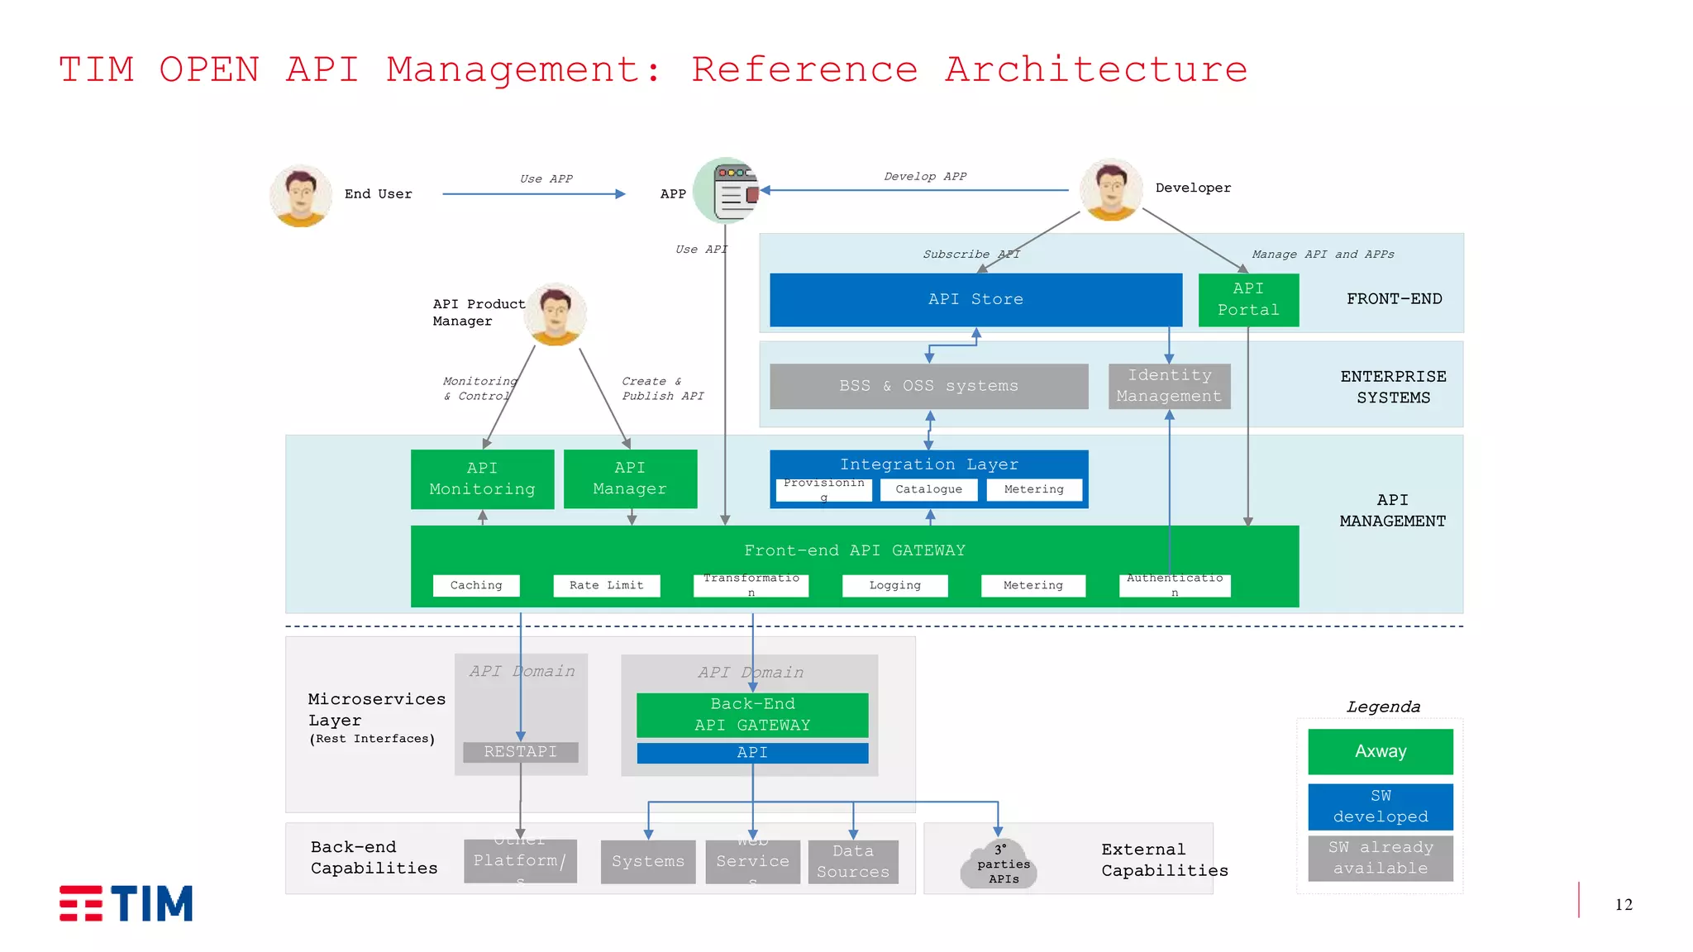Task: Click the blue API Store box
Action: click(x=975, y=299)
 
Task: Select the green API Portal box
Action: click(x=1248, y=299)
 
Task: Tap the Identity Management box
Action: click(x=1169, y=386)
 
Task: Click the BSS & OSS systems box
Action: click(x=928, y=386)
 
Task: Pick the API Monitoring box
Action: click(x=482, y=478)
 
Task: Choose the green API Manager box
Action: click(x=630, y=478)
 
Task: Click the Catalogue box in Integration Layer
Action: click(x=928, y=489)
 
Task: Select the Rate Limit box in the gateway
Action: click(x=606, y=585)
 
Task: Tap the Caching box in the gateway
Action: click(x=476, y=585)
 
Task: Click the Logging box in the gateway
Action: click(x=894, y=585)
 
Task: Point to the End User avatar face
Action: click(x=301, y=195)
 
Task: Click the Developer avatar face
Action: click(x=1111, y=188)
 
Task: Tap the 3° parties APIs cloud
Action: click(x=999, y=864)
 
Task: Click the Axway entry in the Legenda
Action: click(x=1380, y=751)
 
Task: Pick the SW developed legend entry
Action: click(x=1380, y=806)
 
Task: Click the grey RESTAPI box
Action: click(x=520, y=751)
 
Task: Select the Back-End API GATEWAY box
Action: click(x=752, y=714)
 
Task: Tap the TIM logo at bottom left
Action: click(x=126, y=903)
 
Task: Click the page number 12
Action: click(x=1623, y=905)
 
